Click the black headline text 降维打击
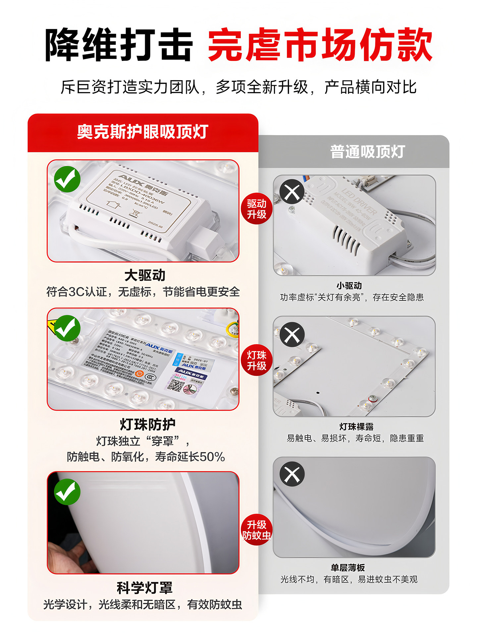click(119, 45)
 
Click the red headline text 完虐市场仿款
click(320, 45)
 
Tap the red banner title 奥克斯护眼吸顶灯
click(143, 132)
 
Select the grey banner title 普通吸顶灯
click(367, 152)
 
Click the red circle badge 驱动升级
click(256, 209)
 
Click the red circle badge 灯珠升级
click(256, 360)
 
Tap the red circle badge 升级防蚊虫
click(256, 530)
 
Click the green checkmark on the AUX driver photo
click(67, 179)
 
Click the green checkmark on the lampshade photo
click(67, 492)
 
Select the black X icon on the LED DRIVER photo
click(292, 191)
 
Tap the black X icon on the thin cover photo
click(292, 474)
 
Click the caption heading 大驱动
click(145, 275)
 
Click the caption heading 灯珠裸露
click(356, 427)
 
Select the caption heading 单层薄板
click(348, 568)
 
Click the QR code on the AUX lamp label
click(176, 385)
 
